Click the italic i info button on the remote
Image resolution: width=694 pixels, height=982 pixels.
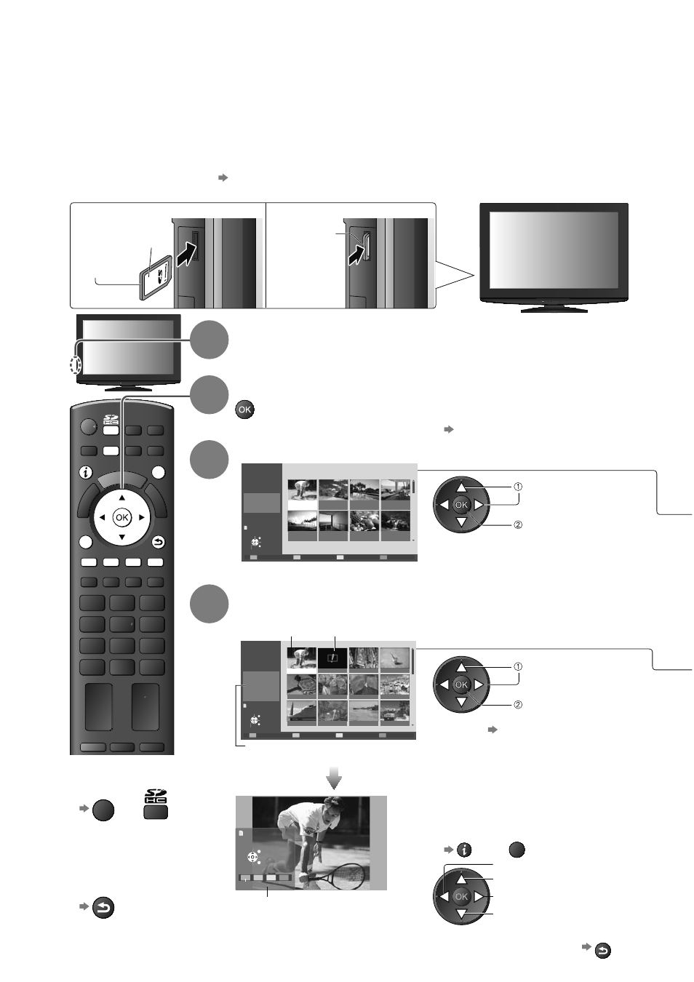click(x=86, y=473)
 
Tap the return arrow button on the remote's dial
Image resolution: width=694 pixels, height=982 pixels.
click(x=159, y=543)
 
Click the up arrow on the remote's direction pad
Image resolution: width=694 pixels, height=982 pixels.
click(x=122, y=498)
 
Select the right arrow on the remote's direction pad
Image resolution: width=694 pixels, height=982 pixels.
click(x=142, y=517)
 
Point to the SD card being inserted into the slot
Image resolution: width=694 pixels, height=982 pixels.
click(x=155, y=277)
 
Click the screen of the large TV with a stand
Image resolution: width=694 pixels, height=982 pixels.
click(x=554, y=250)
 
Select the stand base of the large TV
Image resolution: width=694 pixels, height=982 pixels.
click(x=554, y=308)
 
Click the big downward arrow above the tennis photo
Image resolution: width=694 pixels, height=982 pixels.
click(x=334, y=778)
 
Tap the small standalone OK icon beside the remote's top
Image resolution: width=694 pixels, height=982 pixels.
click(x=244, y=410)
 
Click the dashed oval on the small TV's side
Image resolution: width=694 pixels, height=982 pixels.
click(x=76, y=364)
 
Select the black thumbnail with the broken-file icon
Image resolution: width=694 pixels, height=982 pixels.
click(x=332, y=658)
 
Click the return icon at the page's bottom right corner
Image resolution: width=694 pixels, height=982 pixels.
click(x=603, y=951)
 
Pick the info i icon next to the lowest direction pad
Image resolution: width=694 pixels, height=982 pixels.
click(x=464, y=850)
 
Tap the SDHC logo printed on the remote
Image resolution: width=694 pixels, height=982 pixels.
click(x=111, y=420)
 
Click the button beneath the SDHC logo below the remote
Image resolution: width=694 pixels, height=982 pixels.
click(x=156, y=811)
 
